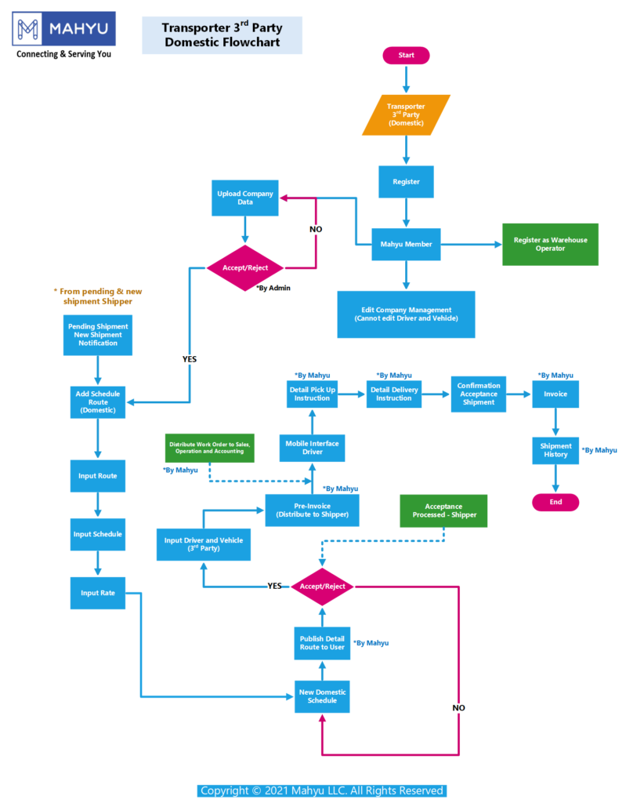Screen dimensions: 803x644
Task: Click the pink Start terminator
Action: tap(406, 56)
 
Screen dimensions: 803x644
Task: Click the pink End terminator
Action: tap(555, 502)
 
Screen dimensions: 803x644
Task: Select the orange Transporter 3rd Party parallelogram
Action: tap(407, 114)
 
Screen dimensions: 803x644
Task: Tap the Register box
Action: tap(406, 181)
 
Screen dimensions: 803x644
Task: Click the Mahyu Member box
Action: tap(406, 244)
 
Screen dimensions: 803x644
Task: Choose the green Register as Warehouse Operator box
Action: tap(550, 244)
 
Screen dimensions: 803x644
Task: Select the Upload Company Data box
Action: tap(245, 198)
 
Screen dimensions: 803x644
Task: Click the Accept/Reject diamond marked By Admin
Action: tap(245, 267)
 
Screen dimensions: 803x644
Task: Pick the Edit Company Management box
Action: tap(406, 314)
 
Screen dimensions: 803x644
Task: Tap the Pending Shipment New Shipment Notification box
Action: tap(98, 335)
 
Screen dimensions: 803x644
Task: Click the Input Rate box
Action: tap(98, 593)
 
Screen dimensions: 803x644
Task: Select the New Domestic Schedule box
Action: tap(322, 696)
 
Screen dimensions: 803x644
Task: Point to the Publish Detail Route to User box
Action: tap(322, 642)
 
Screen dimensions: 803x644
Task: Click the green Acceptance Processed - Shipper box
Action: tap(444, 511)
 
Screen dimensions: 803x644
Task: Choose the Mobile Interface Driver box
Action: tap(312, 448)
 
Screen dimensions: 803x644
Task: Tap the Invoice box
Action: tap(555, 394)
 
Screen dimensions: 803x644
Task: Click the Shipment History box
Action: tap(555, 450)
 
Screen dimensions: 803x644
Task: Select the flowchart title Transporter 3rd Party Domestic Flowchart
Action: tap(222, 35)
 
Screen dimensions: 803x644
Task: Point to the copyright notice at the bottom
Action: tap(322, 790)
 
